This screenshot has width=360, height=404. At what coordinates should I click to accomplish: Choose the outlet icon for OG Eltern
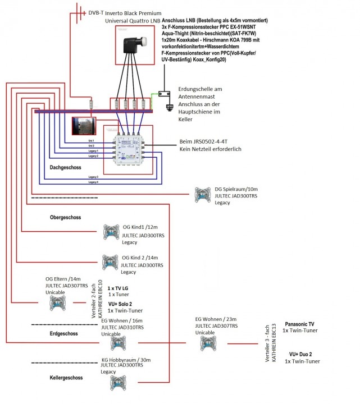coord(58,303)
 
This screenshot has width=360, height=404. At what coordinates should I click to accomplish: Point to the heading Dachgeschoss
coord(66,167)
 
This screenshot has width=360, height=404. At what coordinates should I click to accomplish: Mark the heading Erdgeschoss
coord(66,333)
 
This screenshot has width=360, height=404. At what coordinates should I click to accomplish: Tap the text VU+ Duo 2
coord(300,354)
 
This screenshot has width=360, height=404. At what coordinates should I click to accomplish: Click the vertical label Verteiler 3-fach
coord(268,343)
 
